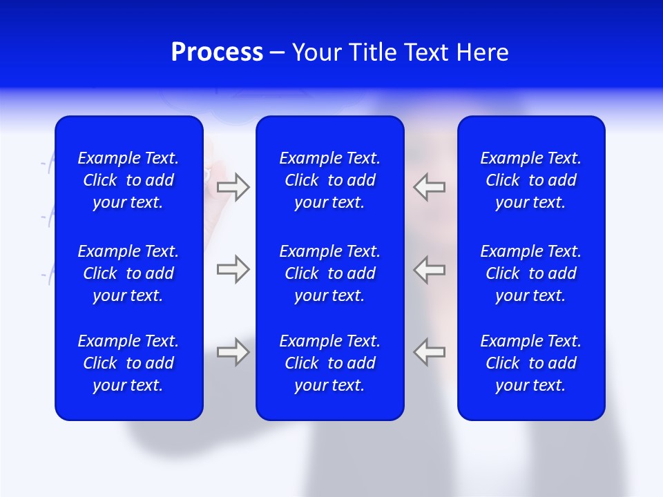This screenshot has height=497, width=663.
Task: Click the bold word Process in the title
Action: coord(217,52)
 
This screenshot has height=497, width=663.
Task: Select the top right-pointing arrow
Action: coord(233,187)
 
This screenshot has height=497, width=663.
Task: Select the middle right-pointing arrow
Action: coord(233,269)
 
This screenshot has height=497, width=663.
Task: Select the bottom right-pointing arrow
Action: coord(233,352)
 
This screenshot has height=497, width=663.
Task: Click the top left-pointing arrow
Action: coord(430,187)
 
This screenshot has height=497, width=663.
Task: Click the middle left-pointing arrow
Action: coord(430,269)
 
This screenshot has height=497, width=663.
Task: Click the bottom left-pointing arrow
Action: coord(430,352)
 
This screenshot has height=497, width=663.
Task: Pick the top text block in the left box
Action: coord(128,180)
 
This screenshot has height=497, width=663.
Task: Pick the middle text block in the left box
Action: coord(128,273)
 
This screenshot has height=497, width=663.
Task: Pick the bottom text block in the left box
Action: coord(128,363)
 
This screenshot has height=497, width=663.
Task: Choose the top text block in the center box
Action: coord(329,180)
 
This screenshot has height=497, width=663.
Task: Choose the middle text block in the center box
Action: coord(329,273)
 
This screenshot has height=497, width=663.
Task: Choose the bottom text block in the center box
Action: coord(329,363)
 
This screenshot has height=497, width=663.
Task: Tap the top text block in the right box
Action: coord(531,180)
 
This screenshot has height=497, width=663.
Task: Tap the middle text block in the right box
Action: coord(531,273)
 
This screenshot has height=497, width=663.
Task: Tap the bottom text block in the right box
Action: coord(531,363)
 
